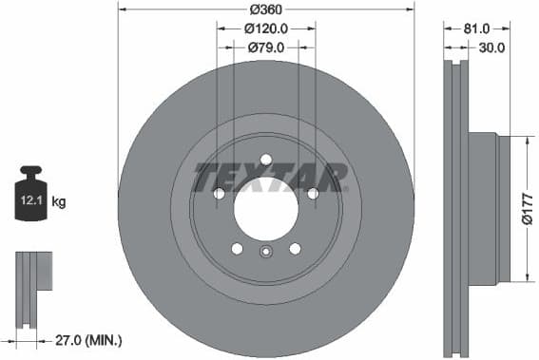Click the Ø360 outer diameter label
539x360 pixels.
265,9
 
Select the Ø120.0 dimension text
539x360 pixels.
267,29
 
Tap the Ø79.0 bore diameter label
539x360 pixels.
267,47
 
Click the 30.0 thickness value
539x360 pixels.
491,47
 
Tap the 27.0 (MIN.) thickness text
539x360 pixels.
88,339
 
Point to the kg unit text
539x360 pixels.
59,201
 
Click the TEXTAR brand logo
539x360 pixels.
270,178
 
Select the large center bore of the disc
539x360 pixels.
266,208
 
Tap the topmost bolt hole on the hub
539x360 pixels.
266,159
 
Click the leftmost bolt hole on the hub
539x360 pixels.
220,194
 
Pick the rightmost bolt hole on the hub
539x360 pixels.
312,194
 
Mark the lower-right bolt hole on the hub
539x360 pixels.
295,249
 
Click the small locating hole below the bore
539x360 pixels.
266,252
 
